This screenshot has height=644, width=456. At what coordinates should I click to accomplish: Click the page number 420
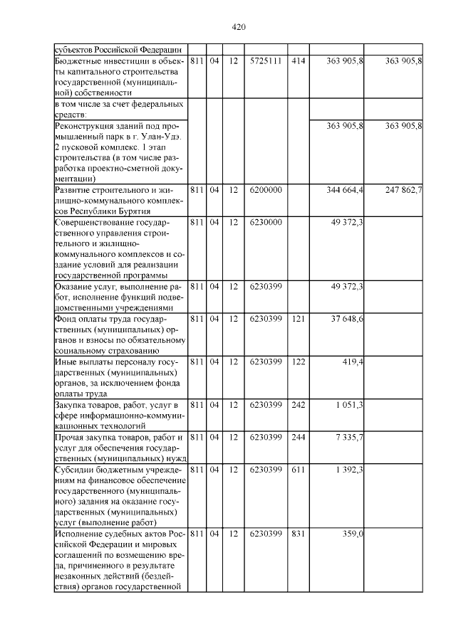pos(239,27)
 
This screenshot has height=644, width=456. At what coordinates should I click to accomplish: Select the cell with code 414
pos(299,62)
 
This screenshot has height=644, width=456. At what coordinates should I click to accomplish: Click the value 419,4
pos(353,361)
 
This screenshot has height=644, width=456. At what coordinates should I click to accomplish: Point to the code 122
pos(299,361)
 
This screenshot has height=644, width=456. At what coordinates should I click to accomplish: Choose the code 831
pos(299,533)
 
